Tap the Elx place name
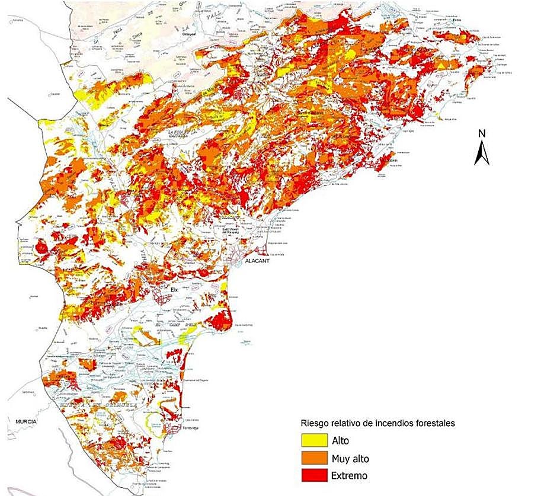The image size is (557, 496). click(x=174, y=289)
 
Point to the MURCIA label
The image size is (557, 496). click(x=22, y=421)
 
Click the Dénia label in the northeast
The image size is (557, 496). click(x=456, y=20)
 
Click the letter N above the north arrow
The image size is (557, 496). click(x=482, y=132)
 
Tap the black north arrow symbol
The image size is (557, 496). click(x=482, y=152)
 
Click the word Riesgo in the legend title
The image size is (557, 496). click(x=316, y=424)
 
